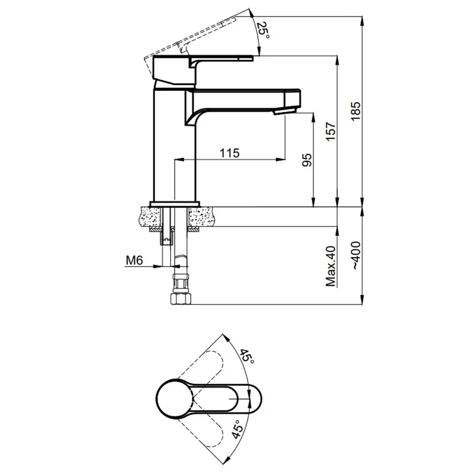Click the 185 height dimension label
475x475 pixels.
[x=356, y=111]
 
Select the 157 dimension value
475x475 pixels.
[x=331, y=131]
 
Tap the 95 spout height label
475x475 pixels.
[x=307, y=160]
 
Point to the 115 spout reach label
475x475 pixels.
[x=229, y=153]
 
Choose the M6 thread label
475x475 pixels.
[x=134, y=260]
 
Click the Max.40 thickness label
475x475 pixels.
[x=331, y=266]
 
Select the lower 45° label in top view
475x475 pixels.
[x=238, y=429]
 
